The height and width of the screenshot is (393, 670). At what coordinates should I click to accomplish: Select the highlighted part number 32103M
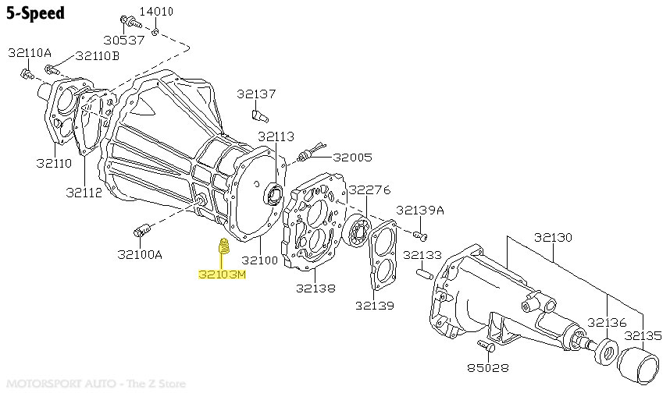(222, 274)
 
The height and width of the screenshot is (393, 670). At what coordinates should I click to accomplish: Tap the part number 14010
(156, 12)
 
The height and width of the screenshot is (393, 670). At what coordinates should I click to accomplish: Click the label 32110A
(30, 52)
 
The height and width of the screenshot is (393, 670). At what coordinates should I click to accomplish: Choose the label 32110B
(98, 56)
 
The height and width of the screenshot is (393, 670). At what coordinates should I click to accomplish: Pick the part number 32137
(257, 94)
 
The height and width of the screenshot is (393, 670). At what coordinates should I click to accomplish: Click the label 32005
(352, 157)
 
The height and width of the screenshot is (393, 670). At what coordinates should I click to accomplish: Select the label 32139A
(419, 210)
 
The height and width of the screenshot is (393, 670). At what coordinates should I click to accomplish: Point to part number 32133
(422, 255)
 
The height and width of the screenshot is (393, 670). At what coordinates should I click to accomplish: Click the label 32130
(553, 236)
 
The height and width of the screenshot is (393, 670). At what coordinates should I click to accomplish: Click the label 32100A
(140, 253)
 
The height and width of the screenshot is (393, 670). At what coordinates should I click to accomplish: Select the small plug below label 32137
(259, 116)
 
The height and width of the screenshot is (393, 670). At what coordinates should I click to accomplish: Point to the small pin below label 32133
(425, 273)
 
